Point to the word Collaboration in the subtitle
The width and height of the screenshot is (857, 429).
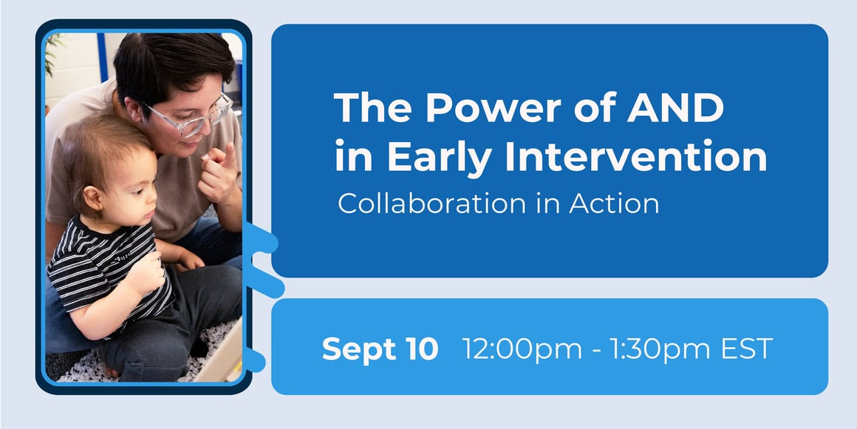[431, 203]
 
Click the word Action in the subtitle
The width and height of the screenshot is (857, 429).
[614, 203]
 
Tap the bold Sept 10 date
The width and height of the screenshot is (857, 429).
[380, 348]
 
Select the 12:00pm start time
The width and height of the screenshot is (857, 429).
[522, 348]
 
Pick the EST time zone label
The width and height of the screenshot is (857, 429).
[747, 348]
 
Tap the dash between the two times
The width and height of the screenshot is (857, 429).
[596, 351]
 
